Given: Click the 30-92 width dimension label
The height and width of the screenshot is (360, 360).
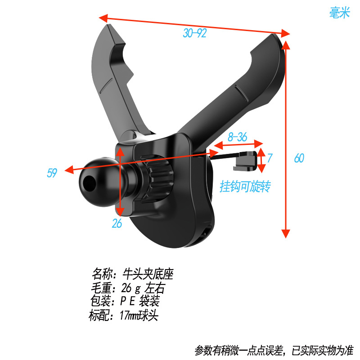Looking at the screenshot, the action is [x=194, y=33].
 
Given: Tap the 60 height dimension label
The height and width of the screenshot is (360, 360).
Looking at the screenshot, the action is [x=299, y=158].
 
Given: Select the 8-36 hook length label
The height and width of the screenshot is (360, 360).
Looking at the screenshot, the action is [x=237, y=138].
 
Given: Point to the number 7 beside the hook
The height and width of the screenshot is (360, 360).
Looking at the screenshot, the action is [x=270, y=158].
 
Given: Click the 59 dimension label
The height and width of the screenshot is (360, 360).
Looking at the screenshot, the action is [x=52, y=173].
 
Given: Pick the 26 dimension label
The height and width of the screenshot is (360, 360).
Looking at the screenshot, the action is [x=117, y=224].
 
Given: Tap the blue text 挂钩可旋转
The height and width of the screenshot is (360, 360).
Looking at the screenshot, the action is [x=246, y=186].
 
